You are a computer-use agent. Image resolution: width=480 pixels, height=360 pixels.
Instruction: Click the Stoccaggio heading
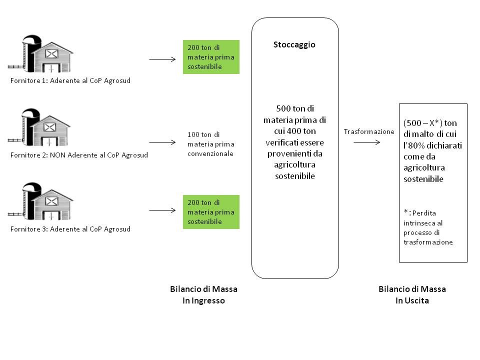tap(294, 44)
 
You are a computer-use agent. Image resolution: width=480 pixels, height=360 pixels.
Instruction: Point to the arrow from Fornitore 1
tap(162, 59)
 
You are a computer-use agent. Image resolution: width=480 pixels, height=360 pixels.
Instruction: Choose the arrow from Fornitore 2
tap(162, 135)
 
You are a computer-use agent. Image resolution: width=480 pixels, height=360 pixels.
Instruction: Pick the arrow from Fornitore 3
tap(162, 210)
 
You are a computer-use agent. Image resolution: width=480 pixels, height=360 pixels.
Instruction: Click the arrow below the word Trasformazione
tap(366, 142)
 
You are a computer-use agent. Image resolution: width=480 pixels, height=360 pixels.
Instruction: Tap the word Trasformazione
tap(369, 131)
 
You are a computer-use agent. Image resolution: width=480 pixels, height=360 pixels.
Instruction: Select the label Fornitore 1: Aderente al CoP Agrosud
tap(70, 80)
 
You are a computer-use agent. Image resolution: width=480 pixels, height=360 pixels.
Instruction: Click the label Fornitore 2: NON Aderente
tap(79, 155)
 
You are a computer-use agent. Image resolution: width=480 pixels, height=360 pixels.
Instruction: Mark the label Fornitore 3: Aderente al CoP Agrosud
tap(70, 229)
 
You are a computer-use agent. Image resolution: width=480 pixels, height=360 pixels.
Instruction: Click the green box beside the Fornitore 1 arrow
tap(211, 57)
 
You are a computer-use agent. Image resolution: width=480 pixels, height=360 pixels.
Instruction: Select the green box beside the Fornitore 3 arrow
tap(211, 212)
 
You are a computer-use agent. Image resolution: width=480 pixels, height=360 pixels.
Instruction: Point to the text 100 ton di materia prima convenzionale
tap(210, 144)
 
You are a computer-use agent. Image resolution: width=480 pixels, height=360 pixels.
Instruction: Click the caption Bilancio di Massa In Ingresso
tap(203, 295)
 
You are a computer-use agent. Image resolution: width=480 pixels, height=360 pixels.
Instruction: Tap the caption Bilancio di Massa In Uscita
tap(412, 295)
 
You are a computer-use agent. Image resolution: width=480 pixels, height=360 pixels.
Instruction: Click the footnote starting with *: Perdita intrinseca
tap(429, 227)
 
